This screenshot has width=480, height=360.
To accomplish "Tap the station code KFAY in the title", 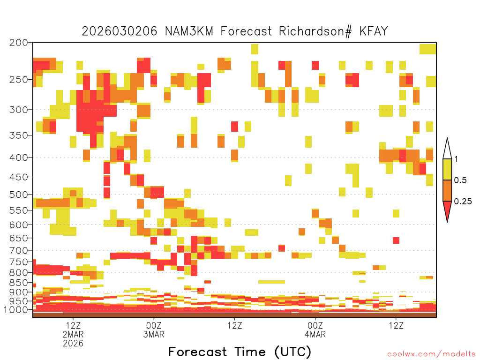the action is click(x=374, y=31).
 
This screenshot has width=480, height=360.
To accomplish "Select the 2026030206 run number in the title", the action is click(x=120, y=31).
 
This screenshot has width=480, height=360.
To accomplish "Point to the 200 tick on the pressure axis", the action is click(x=19, y=43).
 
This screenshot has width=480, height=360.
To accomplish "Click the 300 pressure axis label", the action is click(x=19, y=110).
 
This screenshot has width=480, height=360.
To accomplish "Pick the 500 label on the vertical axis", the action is click(x=19, y=195).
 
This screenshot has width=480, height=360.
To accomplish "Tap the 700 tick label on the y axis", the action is click(x=19, y=250).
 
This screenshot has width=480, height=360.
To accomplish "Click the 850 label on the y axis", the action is click(x=19, y=283).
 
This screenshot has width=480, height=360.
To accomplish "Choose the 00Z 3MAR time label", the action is click(x=154, y=330).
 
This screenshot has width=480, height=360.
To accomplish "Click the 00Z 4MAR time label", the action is click(x=315, y=330).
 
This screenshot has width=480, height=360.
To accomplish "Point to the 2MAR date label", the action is click(x=73, y=334).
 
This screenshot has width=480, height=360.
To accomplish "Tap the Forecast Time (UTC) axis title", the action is click(x=240, y=352).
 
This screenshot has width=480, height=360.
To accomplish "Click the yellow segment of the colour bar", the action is click(x=447, y=169).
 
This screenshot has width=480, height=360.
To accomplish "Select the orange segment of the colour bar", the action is click(x=447, y=190).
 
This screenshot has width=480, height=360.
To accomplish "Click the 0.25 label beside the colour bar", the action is click(x=463, y=201).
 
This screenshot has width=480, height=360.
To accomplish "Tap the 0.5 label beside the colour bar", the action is click(x=460, y=180).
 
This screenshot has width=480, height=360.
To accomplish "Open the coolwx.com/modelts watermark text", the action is click(x=431, y=354).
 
